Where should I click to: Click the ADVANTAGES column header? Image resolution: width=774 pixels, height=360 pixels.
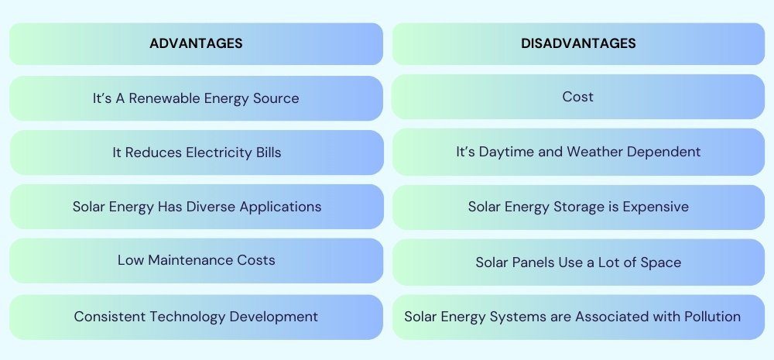point(196,43)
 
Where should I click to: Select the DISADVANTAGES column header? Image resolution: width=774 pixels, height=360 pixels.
point(578,43)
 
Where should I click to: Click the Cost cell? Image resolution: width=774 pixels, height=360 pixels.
point(578,97)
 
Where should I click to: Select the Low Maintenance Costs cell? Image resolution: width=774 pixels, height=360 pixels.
point(196,261)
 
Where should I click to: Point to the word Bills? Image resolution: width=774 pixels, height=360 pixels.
point(269,153)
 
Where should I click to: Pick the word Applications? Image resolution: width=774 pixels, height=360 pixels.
point(280,207)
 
